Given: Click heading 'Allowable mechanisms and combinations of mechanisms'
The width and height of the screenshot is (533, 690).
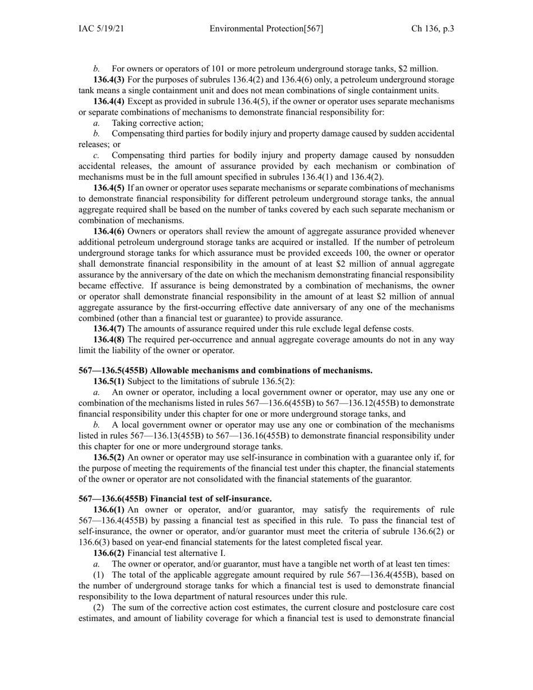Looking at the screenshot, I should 226,370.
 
